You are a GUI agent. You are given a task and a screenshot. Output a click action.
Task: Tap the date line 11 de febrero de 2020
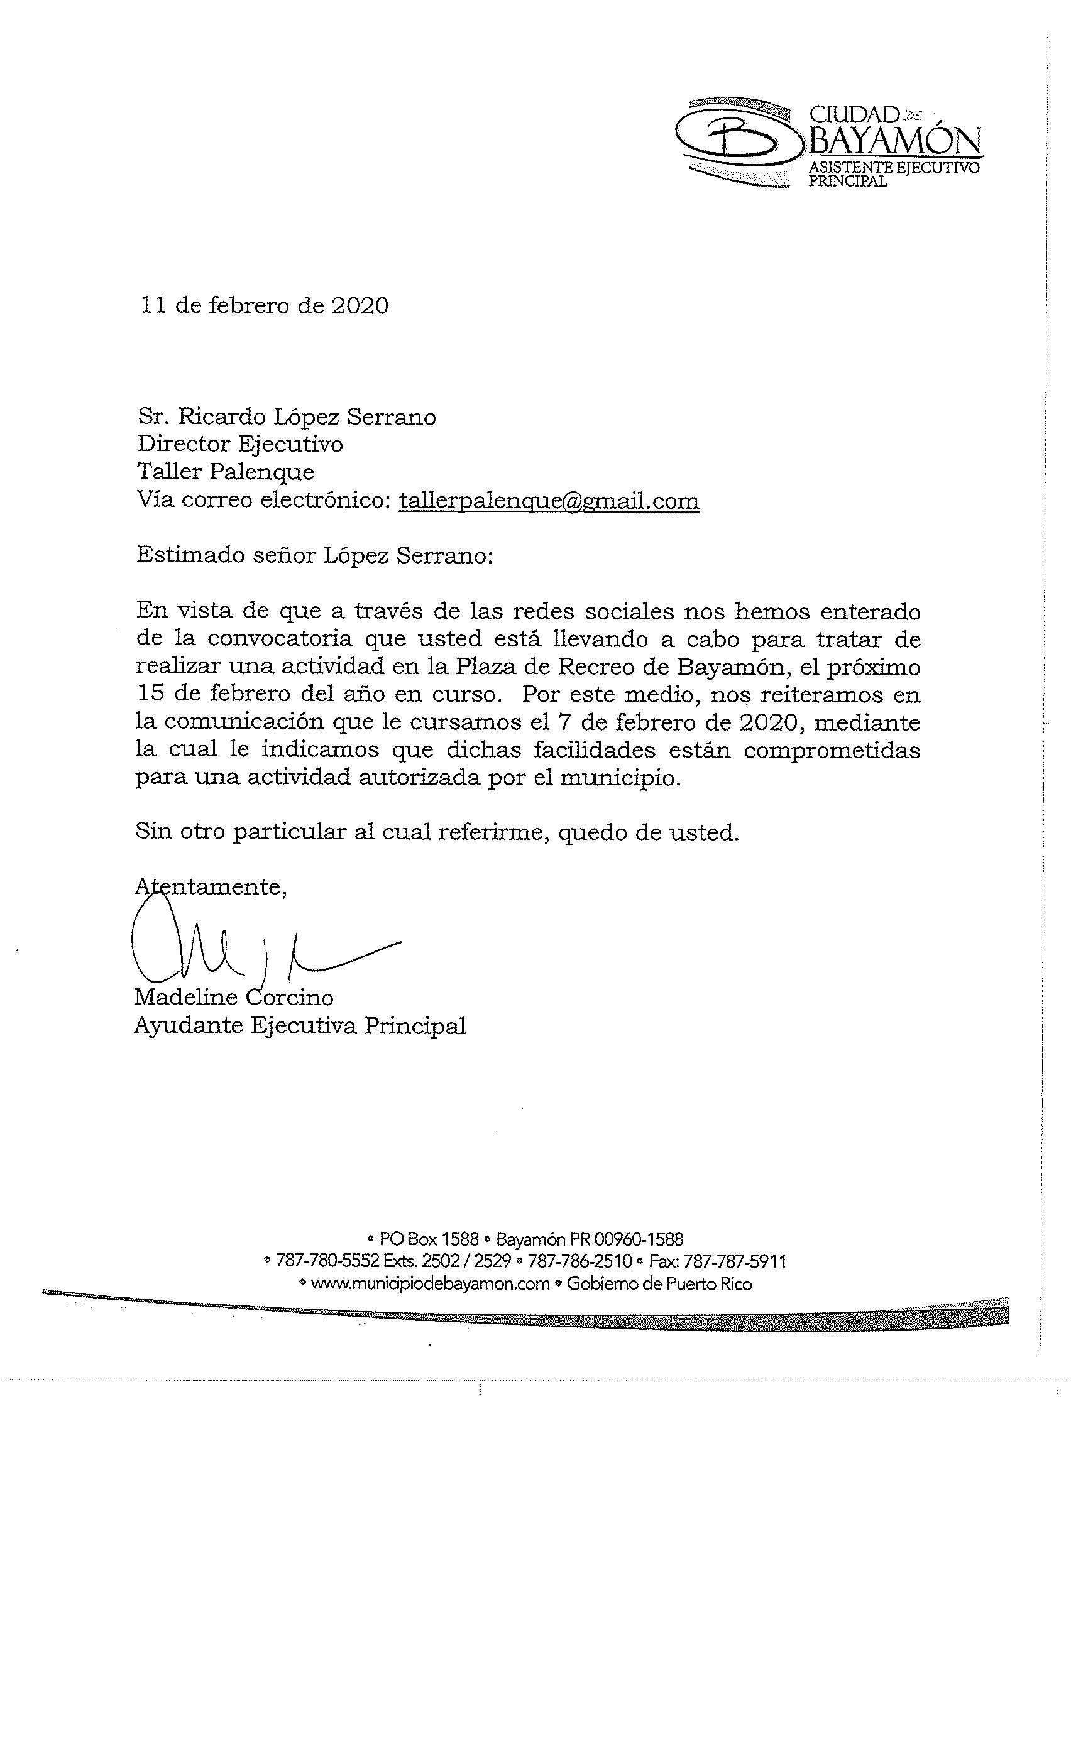[x=265, y=305]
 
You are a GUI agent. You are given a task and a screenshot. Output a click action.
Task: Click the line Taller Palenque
[x=226, y=472]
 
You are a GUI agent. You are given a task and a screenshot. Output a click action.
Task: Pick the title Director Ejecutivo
[x=241, y=444]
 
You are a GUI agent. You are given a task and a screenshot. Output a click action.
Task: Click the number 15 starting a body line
[x=150, y=694]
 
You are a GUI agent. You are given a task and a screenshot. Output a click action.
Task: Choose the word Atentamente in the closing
[x=211, y=886]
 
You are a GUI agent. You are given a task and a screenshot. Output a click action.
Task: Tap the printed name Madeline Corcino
[x=233, y=998]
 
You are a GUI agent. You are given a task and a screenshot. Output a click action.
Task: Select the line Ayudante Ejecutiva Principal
[x=300, y=1026]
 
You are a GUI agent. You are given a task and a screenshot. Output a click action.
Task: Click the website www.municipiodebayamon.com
[x=430, y=1283]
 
